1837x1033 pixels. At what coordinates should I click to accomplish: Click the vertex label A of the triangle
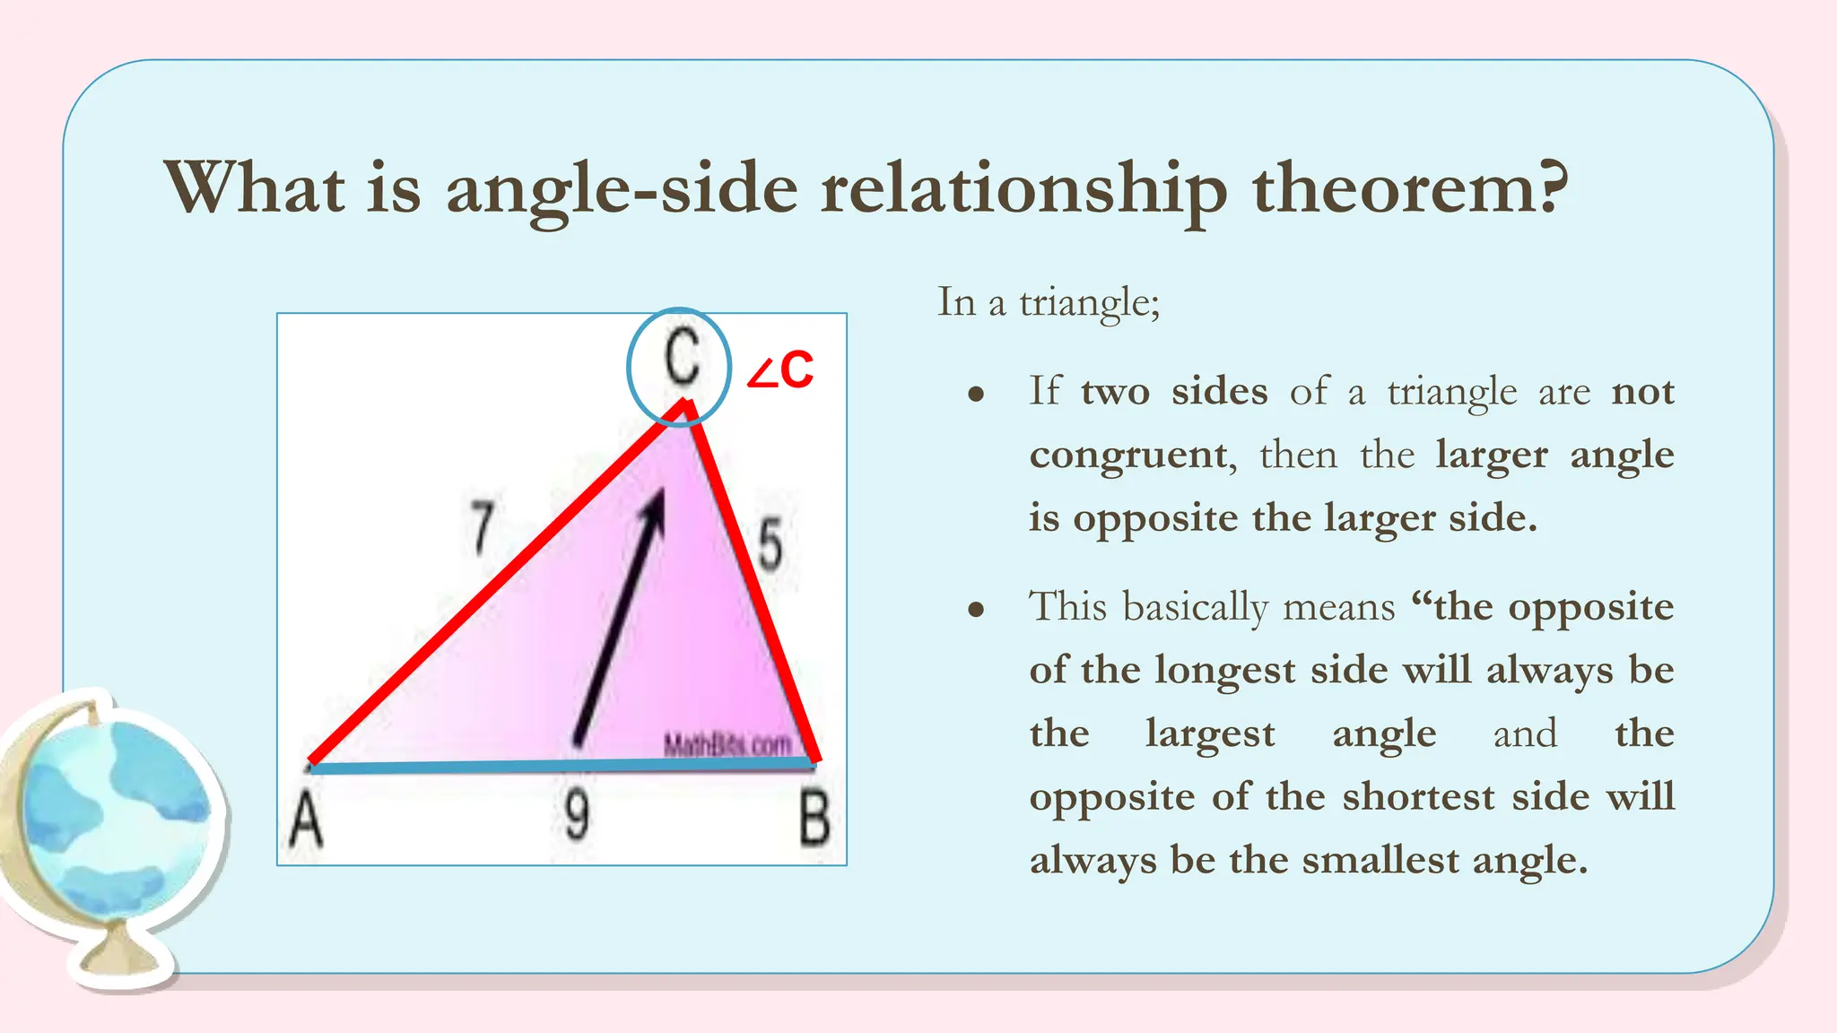point(306,820)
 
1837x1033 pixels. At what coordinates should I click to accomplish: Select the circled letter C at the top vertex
point(681,359)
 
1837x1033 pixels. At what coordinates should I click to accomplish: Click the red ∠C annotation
point(780,371)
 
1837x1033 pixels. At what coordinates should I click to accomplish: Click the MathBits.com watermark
point(727,744)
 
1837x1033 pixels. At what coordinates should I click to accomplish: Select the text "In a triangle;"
point(1049,302)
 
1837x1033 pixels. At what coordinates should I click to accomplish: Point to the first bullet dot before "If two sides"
point(977,395)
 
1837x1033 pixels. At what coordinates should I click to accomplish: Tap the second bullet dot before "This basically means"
point(977,611)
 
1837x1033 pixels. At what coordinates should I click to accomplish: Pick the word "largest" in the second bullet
point(1210,734)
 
